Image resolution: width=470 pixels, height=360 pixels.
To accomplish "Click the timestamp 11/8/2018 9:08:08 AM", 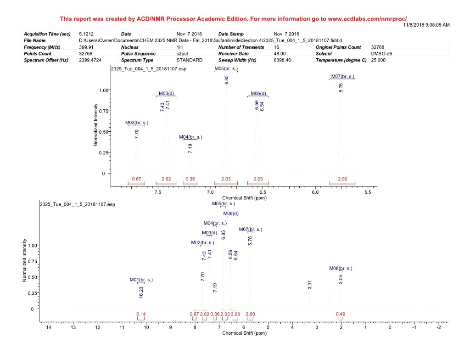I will pyautogui.click(x=426, y=24).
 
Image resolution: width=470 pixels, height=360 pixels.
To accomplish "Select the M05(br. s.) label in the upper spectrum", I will pyautogui.click(x=226, y=68).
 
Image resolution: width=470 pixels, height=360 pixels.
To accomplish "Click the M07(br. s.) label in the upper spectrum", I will pyautogui.click(x=342, y=76).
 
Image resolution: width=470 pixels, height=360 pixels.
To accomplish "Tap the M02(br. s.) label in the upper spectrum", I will pyautogui.click(x=137, y=123).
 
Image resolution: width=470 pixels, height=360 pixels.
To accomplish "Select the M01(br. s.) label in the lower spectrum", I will pyautogui.click(x=141, y=279).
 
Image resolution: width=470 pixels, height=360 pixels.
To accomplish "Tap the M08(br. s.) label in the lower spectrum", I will pyautogui.click(x=341, y=268).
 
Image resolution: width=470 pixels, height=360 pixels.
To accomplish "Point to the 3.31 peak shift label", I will pyautogui.click(x=310, y=285).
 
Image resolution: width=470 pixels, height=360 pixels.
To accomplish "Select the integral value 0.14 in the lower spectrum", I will pyautogui.click(x=140, y=314).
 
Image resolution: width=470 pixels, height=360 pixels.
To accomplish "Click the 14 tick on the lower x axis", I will pyautogui.click(x=49, y=327).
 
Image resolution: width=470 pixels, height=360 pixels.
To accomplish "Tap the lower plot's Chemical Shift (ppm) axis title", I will pyautogui.click(x=244, y=333).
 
